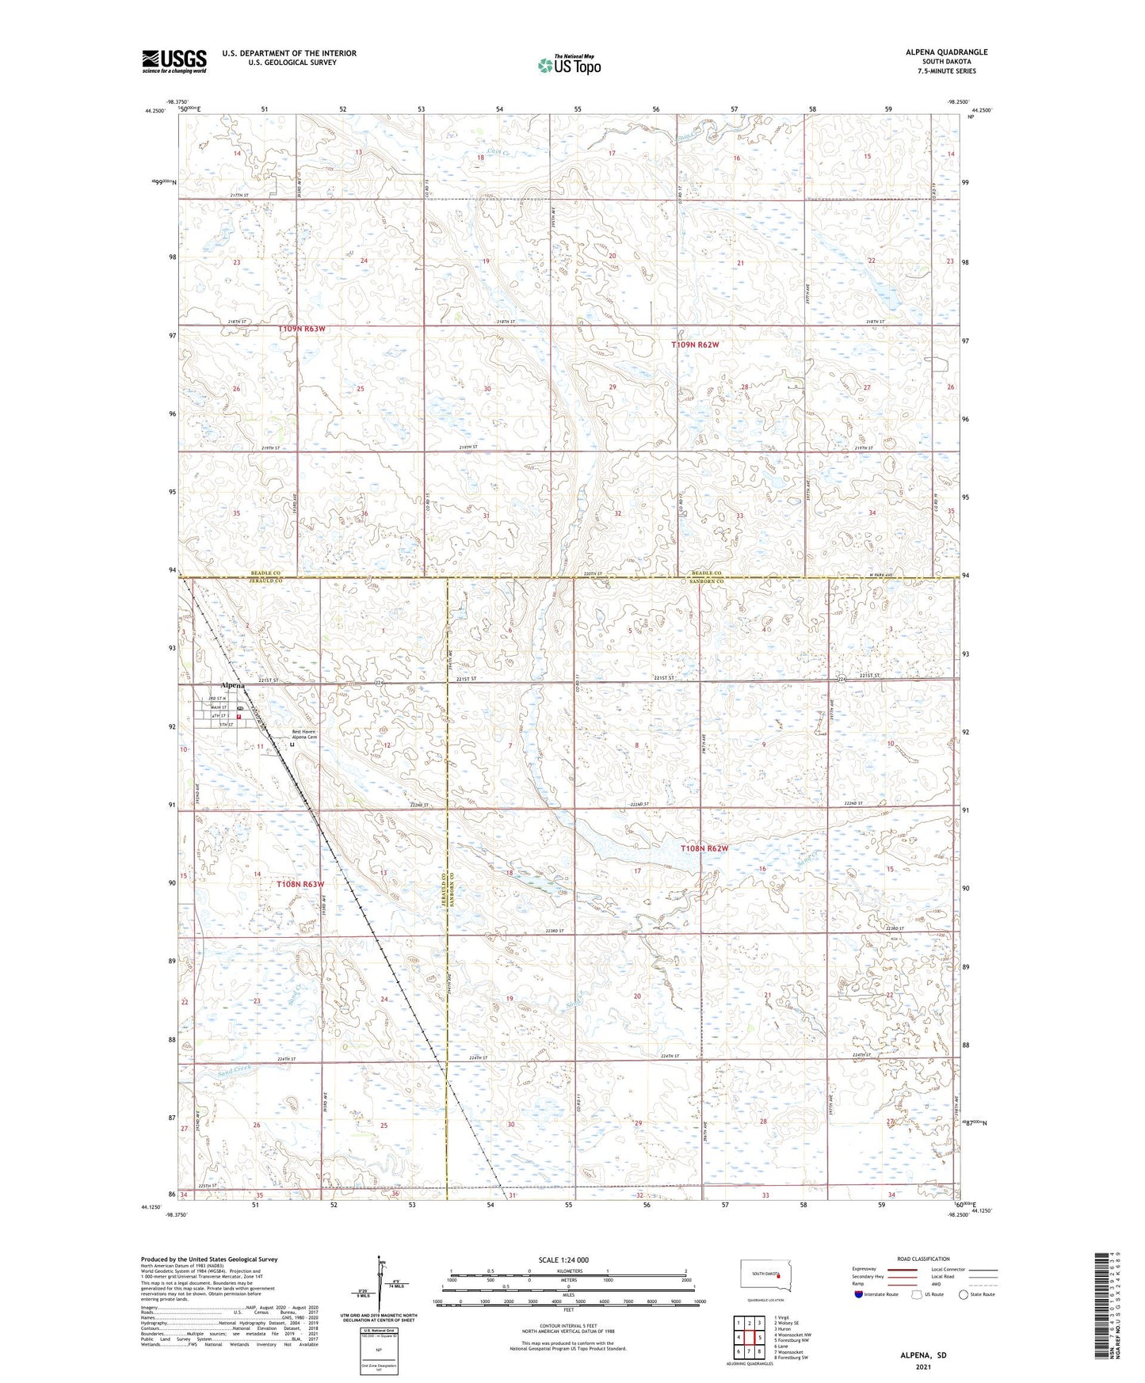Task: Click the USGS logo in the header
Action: tap(174, 61)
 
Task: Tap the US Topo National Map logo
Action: tap(569, 65)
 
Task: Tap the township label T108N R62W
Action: tap(704, 848)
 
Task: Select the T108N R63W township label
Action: tap(300, 883)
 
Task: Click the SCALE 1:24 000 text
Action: tap(563, 1260)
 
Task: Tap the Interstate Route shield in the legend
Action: tap(859, 1294)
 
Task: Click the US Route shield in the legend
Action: tap(917, 1294)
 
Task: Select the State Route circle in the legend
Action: tap(964, 1294)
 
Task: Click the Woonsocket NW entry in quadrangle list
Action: tap(792, 1335)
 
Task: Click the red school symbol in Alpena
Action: tap(239, 716)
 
